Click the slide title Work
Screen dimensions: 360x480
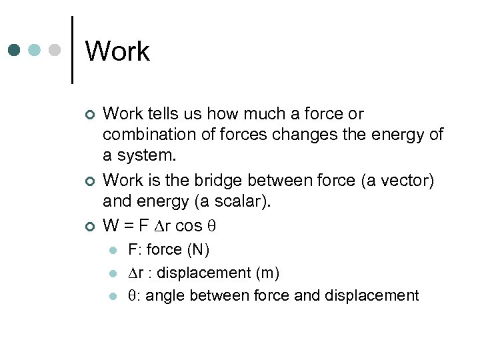tap(117, 51)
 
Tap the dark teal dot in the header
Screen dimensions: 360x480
tap(15, 50)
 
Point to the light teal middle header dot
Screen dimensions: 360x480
tap(35, 50)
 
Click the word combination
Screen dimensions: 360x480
tap(145, 135)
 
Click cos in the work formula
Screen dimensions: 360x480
tap(189, 225)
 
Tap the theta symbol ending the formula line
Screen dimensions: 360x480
tap(214, 226)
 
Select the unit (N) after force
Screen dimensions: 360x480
tap(198, 250)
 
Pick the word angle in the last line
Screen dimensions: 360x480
tap(163, 295)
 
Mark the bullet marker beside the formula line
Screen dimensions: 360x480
tap(91, 226)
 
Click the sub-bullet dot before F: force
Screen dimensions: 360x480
tap(114, 251)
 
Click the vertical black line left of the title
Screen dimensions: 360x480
tap(72, 49)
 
